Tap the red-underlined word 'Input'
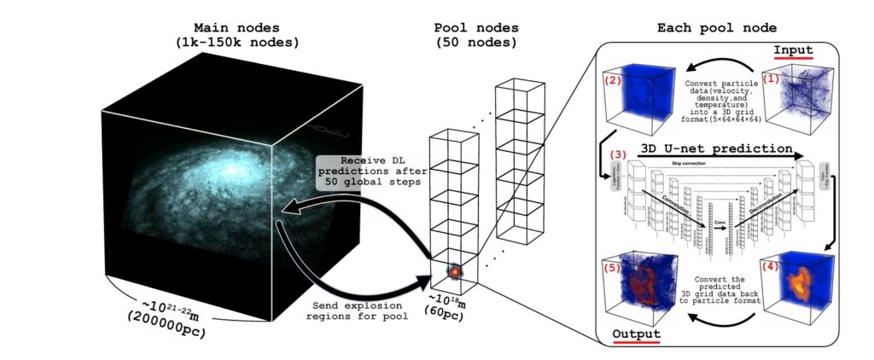pyautogui.click(x=793, y=50)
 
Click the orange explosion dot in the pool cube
pyautogui.click(x=455, y=271)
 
